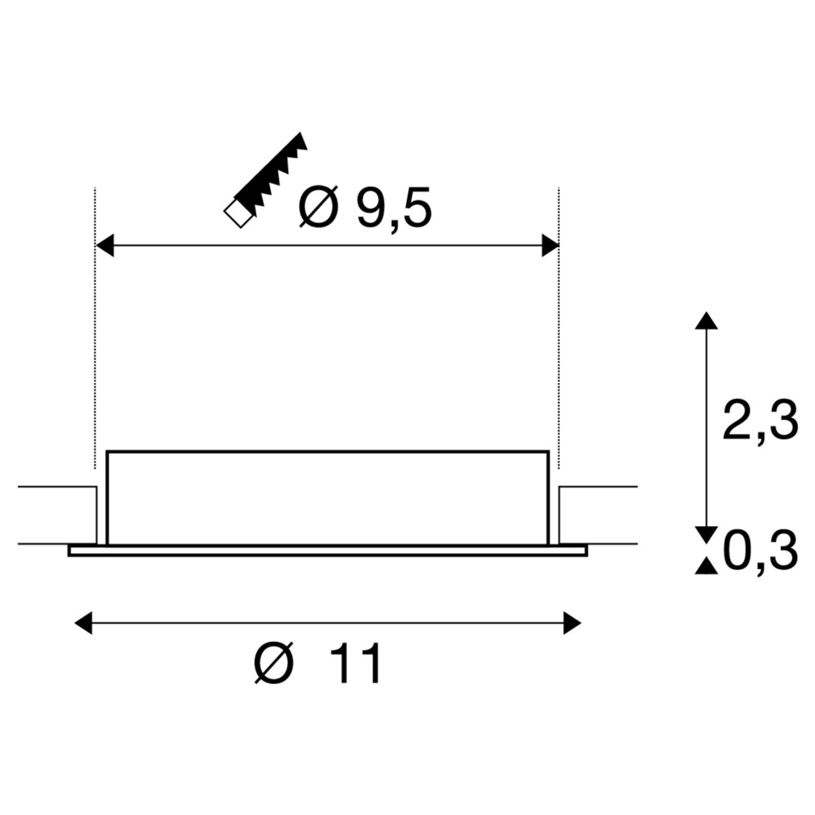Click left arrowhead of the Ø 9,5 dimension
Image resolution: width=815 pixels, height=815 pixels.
(x=105, y=245)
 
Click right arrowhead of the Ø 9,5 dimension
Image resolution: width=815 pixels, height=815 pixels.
(x=550, y=245)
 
